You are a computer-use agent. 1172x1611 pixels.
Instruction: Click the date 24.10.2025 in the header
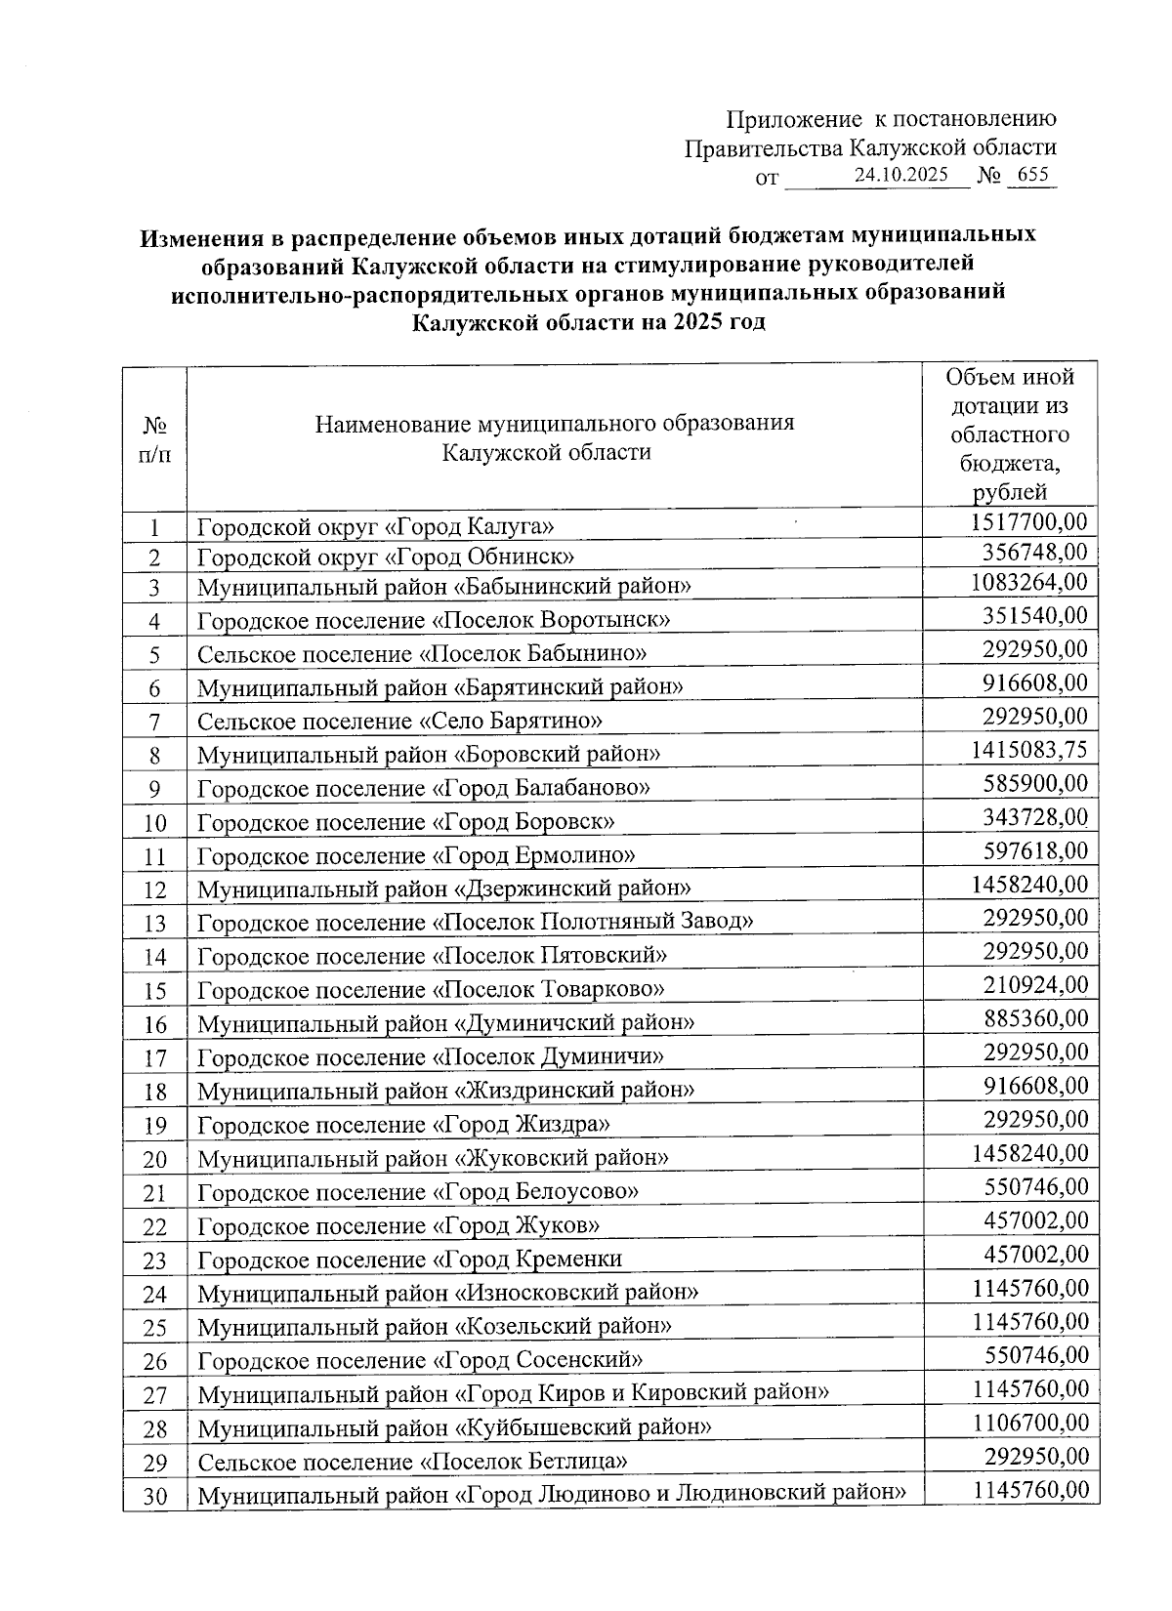pos(900,176)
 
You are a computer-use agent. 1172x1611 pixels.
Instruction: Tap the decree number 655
pos(1031,176)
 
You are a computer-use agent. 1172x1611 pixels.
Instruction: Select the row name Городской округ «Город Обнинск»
pos(385,557)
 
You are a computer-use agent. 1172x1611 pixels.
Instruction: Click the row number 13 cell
pos(154,923)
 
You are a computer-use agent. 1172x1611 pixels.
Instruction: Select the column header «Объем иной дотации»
pos(1010,434)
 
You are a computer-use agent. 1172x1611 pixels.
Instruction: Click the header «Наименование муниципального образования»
pos(554,437)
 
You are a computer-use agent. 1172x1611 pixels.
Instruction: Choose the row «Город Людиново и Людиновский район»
pos(551,1494)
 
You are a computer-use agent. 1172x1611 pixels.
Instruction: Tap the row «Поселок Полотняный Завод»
pos(475,921)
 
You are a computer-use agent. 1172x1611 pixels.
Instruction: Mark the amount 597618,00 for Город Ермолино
pos(1034,850)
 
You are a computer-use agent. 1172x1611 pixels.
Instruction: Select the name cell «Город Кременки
pos(409,1259)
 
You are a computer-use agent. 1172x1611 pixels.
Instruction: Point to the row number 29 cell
pos(154,1462)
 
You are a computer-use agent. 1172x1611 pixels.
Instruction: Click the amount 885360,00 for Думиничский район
pos(1034,1017)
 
